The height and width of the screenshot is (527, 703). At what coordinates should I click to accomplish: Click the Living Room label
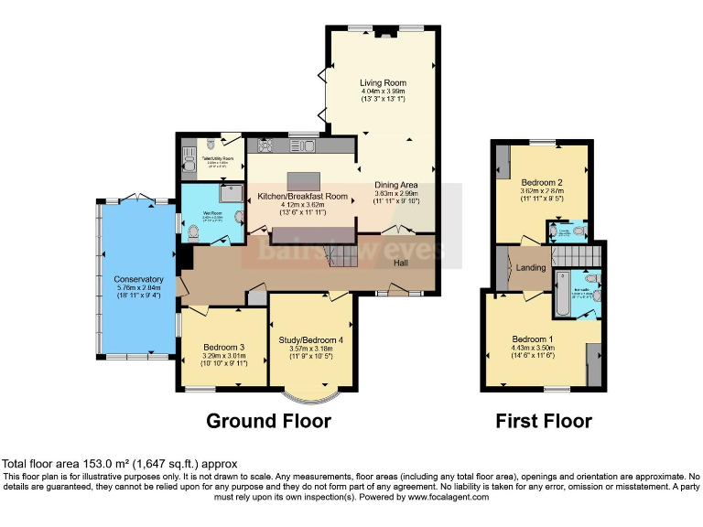coord(383,83)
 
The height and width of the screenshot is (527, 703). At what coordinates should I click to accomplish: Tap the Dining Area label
coord(395,185)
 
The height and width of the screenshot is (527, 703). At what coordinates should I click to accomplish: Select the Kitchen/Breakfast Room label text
coord(302,197)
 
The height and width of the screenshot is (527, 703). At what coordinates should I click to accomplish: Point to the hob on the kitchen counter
coord(265,145)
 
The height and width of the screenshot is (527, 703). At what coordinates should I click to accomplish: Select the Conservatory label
coord(138,280)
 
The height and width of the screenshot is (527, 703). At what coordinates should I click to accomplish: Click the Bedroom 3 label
coord(223,348)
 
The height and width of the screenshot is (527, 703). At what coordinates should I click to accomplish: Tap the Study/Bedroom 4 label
coord(311,340)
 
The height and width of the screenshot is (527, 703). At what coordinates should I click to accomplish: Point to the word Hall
coord(401,263)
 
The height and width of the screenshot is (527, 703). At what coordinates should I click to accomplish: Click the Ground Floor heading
coord(268,421)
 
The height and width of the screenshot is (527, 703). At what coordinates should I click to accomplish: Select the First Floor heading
coord(544,421)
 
